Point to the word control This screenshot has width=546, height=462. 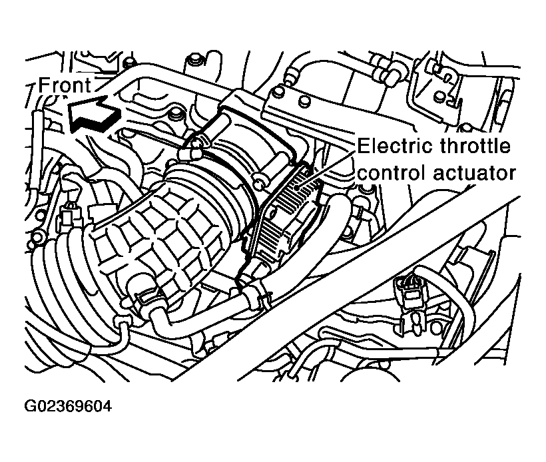point(392,172)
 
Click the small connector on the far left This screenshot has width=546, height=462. point(67,214)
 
